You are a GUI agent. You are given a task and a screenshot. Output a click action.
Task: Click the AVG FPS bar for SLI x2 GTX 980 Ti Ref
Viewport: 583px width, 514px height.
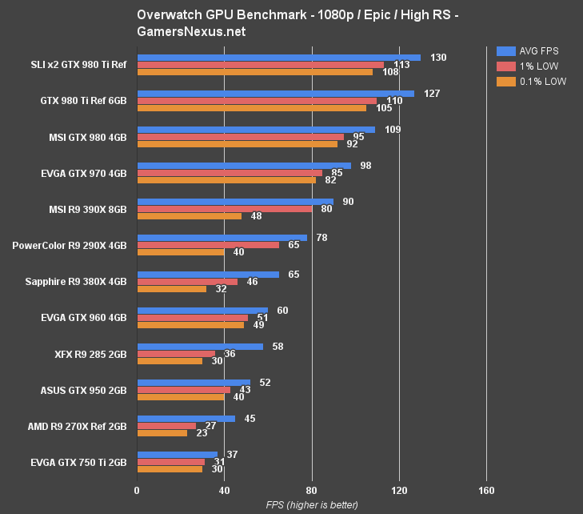point(278,58)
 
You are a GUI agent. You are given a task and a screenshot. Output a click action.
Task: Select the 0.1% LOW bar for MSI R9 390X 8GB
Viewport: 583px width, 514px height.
point(189,216)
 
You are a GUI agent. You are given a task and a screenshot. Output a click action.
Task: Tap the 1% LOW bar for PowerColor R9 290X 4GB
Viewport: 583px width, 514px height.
point(208,245)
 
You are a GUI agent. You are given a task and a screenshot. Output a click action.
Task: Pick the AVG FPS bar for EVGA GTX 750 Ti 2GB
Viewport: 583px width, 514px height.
point(177,455)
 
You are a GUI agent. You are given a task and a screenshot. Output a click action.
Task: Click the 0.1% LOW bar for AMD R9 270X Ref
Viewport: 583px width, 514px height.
point(162,433)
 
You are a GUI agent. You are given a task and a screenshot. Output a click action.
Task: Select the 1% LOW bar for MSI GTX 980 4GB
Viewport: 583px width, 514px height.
point(240,137)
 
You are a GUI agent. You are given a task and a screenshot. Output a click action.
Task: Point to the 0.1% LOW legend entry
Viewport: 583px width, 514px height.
point(531,81)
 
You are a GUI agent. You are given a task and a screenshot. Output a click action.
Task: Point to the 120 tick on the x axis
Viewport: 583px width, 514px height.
point(399,491)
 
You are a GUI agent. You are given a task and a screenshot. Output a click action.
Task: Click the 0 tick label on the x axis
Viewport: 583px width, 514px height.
point(137,491)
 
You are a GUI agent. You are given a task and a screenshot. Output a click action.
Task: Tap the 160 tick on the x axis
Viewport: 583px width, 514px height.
point(486,491)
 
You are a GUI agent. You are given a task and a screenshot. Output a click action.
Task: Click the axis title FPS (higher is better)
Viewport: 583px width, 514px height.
point(312,505)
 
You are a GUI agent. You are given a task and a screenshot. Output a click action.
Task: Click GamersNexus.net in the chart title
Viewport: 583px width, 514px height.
point(191,32)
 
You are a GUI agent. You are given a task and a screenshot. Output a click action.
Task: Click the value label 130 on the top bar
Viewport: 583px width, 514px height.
point(438,58)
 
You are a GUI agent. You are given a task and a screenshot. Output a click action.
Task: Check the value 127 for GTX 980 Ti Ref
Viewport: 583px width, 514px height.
point(432,94)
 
